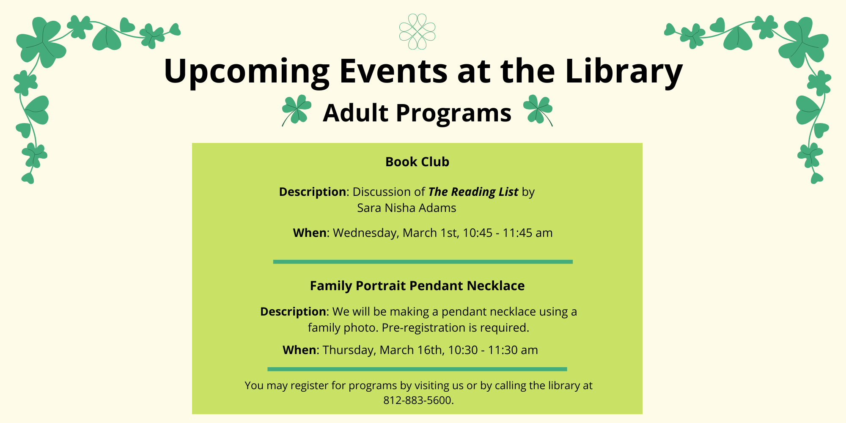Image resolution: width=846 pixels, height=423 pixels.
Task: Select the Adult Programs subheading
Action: click(417, 113)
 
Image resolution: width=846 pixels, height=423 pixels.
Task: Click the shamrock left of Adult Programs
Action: click(297, 110)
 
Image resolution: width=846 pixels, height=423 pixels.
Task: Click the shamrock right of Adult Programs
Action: click(538, 110)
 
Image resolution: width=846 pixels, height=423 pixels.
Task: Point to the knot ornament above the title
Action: click(417, 31)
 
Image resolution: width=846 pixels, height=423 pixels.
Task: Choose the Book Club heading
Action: click(417, 162)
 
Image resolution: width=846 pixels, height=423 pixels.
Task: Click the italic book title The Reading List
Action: click(473, 192)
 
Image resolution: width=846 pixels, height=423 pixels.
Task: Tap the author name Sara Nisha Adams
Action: click(407, 208)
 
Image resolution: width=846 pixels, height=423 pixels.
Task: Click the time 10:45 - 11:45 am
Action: click(508, 233)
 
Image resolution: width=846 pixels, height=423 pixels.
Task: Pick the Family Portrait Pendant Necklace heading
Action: click(417, 286)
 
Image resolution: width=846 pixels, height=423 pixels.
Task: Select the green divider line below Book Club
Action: click(423, 262)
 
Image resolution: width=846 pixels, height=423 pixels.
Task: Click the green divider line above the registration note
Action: click(417, 369)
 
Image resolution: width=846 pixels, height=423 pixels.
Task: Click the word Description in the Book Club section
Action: click(313, 192)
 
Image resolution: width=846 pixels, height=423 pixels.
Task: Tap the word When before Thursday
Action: click(299, 350)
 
